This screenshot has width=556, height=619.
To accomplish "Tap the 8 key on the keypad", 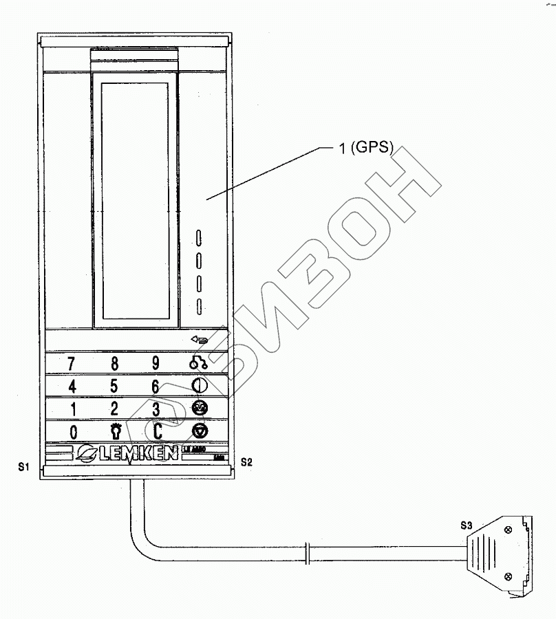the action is (x=115, y=363).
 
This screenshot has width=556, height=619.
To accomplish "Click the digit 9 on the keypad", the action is (x=156, y=363).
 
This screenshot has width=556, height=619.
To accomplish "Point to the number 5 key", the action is (x=114, y=385).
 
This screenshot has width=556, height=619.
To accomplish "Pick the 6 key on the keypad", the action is (x=156, y=386).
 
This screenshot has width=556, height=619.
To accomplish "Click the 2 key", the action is (x=114, y=408).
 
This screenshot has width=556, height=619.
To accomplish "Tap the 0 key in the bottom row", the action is (x=74, y=431).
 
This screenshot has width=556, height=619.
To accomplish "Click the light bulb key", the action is (x=115, y=431).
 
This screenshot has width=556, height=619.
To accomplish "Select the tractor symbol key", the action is (x=198, y=363).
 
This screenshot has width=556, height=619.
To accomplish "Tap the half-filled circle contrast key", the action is (x=199, y=385).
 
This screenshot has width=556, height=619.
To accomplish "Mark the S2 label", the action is (x=245, y=462).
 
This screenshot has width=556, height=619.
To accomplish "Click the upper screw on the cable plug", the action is (x=507, y=530).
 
